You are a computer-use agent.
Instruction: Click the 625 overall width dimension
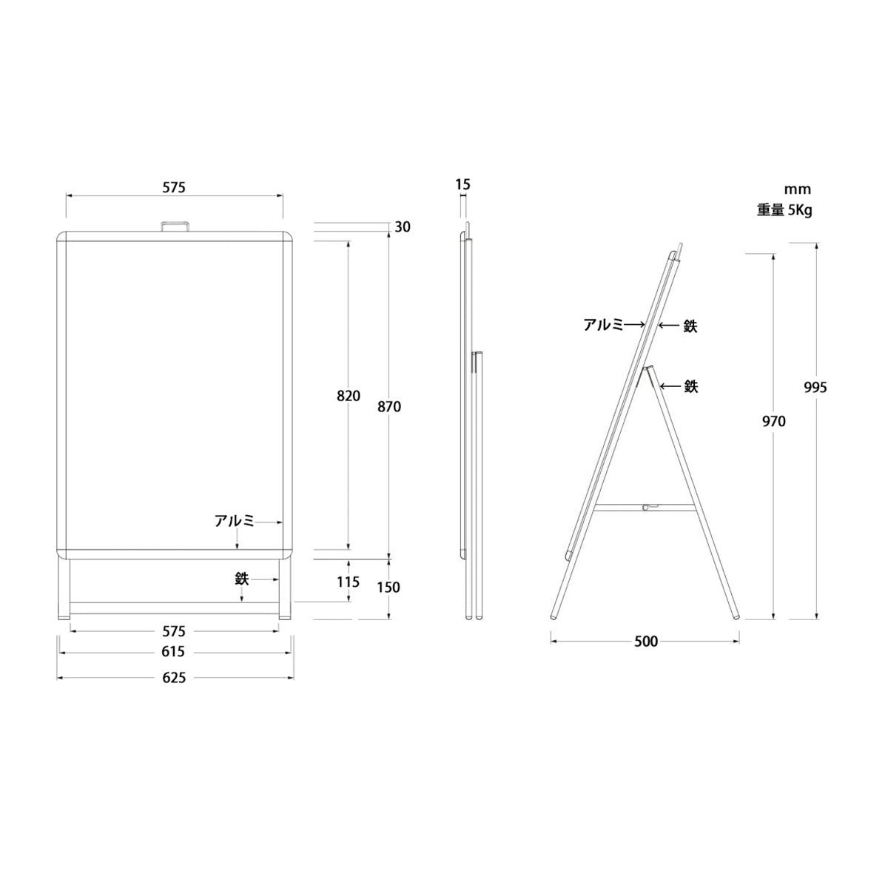[x=174, y=677]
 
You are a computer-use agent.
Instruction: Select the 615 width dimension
[x=173, y=652]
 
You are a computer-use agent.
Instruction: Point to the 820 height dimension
[x=349, y=395]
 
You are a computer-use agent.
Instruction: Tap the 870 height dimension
[x=389, y=406]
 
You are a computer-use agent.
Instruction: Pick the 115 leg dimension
[x=348, y=582]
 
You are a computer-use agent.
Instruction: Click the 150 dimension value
[x=388, y=587]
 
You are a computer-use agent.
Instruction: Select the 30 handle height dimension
[x=403, y=226]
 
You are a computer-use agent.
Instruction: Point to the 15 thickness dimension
[x=462, y=184]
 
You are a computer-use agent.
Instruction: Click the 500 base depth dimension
[x=646, y=642]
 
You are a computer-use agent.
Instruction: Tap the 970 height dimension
[x=774, y=421]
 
